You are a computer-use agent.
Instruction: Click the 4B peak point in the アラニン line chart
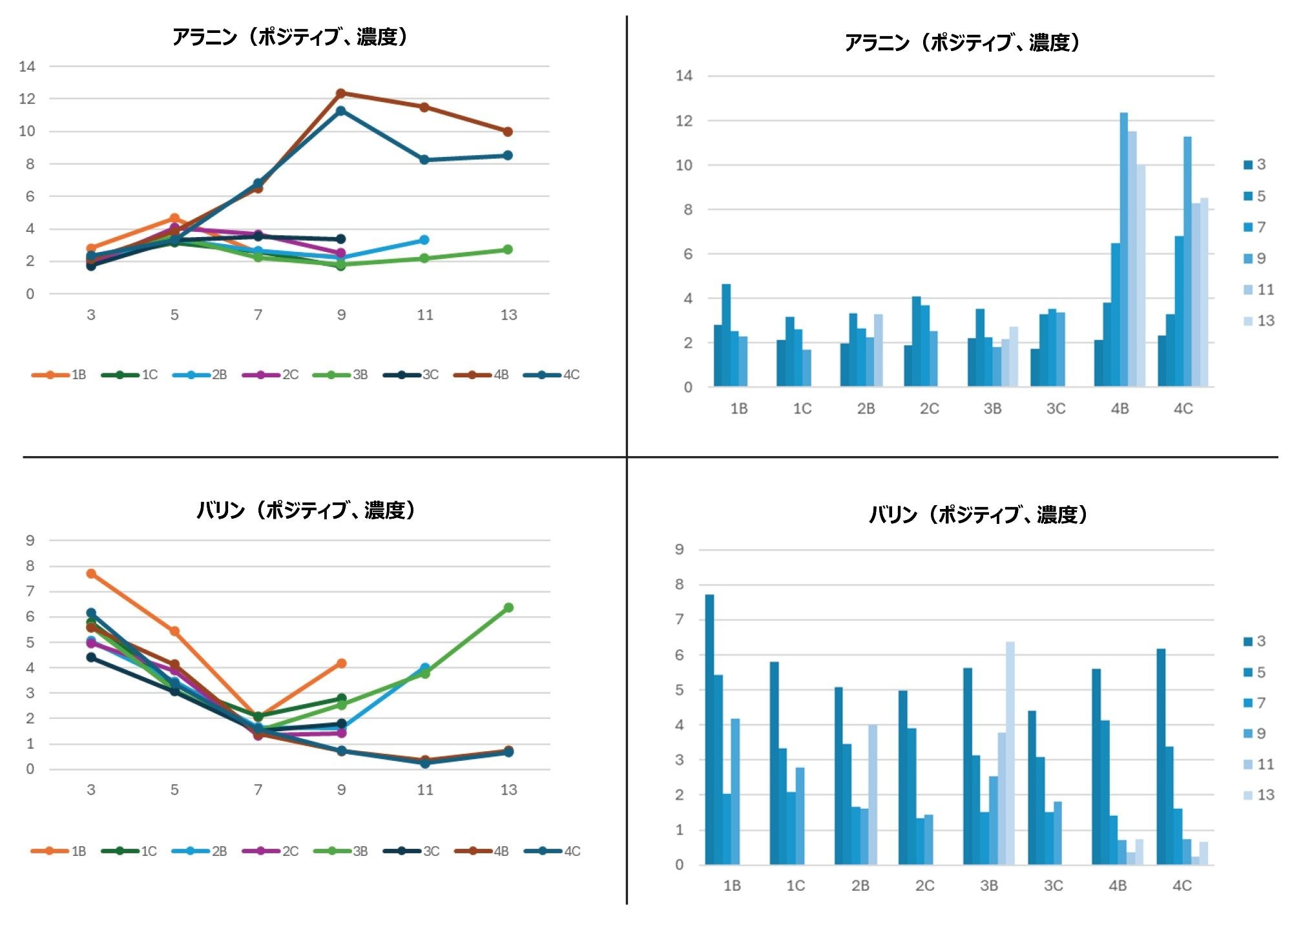coord(341,93)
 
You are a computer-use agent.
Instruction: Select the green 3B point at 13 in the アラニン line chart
coord(508,249)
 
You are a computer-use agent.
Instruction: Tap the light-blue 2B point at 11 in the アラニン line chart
coord(424,240)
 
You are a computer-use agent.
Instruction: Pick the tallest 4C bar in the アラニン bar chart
coord(1187,262)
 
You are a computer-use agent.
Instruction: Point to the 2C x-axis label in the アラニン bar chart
coord(929,409)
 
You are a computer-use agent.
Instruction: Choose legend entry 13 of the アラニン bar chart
coord(1258,321)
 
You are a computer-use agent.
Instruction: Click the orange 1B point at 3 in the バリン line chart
coord(91,574)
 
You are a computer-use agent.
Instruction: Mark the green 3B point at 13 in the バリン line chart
coord(508,607)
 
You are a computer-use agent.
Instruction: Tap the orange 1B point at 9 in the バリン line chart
coord(342,663)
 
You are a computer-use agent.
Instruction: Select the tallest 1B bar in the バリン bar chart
coord(709,729)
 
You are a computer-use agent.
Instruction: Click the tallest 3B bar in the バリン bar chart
coord(1010,753)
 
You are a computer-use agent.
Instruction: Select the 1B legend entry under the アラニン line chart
coord(59,375)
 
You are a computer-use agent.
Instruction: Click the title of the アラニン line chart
coord(290,37)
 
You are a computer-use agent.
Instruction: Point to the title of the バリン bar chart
coord(978,515)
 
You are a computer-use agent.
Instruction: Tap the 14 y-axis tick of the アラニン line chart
coord(27,66)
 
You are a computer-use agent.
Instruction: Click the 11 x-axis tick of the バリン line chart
coord(424,789)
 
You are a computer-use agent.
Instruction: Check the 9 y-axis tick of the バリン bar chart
coord(679,550)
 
